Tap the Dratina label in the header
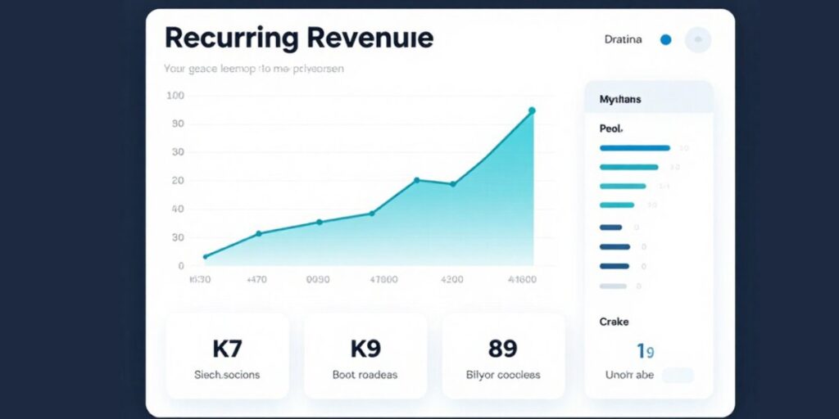tap(623, 39)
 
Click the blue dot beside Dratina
tap(665, 39)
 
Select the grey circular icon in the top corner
tap(698, 39)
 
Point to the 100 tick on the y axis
tap(175, 96)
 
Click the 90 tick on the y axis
tap(178, 124)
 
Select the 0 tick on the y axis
tap(181, 265)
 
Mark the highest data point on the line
tap(532, 110)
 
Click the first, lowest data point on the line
tap(205, 257)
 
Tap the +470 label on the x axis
tap(256, 279)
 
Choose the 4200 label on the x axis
tap(452, 279)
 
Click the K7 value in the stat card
tap(227, 349)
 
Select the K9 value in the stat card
tap(365, 349)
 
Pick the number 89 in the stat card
tap(502, 349)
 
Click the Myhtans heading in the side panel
tap(620, 99)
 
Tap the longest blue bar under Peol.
tap(635, 148)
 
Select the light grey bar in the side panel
tap(614, 286)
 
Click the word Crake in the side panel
tap(614, 322)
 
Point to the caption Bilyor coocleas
tap(503, 375)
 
